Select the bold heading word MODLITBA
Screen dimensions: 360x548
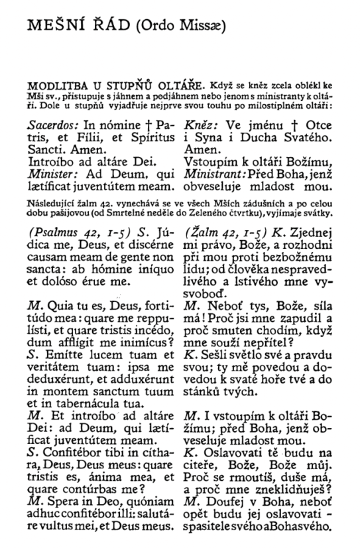52,86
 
